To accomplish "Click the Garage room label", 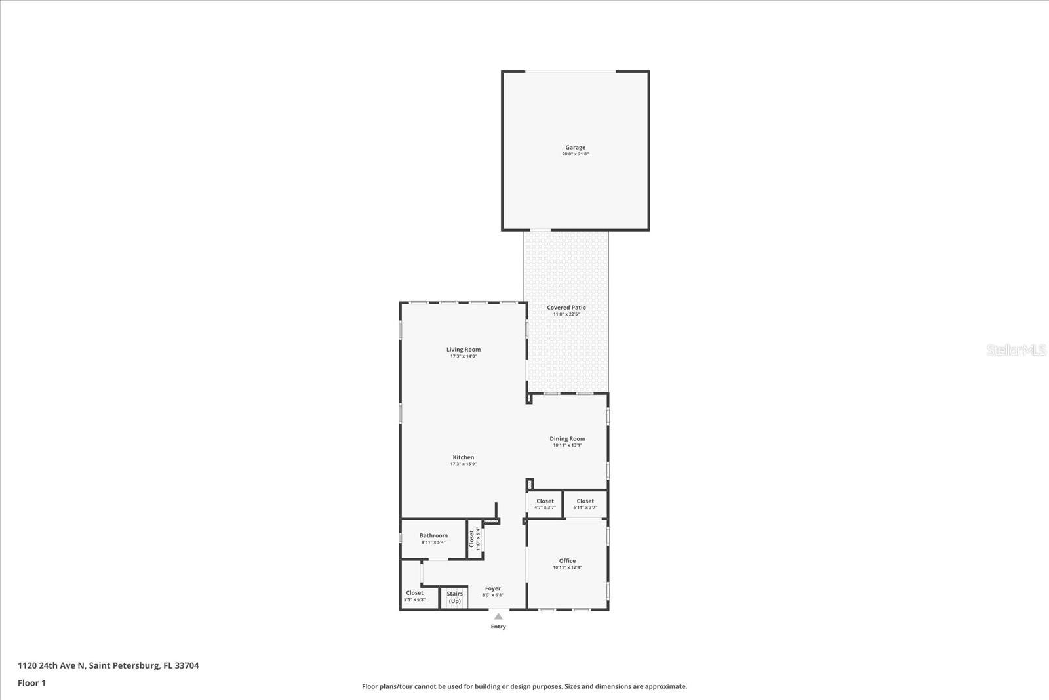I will [x=575, y=148].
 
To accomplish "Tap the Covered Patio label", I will [x=566, y=308].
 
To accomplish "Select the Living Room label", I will [x=464, y=350].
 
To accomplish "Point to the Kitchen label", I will [x=463, y=457].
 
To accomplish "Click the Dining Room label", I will [x=567, y=439].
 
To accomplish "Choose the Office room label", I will [x=567, y=561].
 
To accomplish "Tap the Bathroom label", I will [x=433, y=536].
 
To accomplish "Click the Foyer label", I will [x=492, y=589].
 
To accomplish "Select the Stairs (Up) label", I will [x=454, y=597].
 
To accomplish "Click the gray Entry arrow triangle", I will [x=498, y=617].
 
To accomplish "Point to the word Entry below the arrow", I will [x=498, y=627].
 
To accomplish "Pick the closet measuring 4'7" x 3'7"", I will [x=545, y=504].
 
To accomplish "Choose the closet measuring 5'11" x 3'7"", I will [x=585, y=504].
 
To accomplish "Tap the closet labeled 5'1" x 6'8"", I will [x=414, y=596].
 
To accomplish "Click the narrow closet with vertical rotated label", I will [x=474, y=539].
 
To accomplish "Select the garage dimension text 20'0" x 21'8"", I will [x=575, y=154].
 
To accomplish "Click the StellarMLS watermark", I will [x=1016, y=350].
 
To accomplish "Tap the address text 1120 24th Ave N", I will [x=108, y=665].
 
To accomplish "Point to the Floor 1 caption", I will [x=31, y=683].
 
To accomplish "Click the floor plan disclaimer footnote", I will [x=524, y=686].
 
